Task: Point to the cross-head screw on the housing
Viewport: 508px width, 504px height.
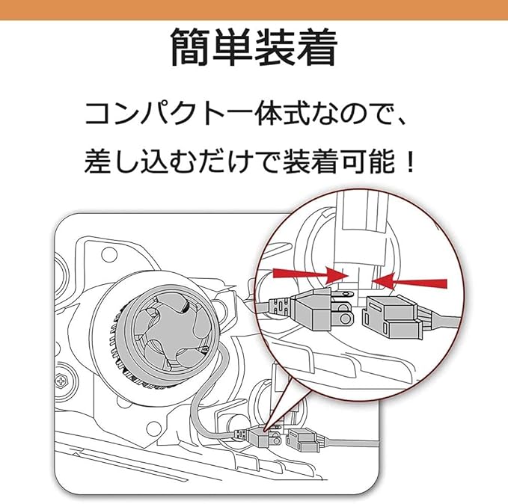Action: (x=61, y=381)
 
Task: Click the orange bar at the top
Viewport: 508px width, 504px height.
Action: (x=254, y=9)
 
